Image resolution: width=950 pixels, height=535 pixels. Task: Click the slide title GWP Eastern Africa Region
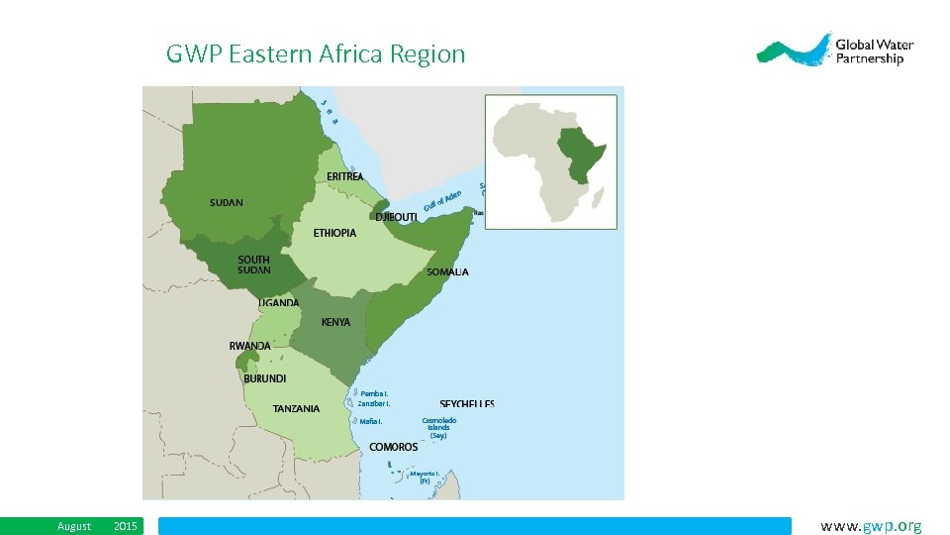316,53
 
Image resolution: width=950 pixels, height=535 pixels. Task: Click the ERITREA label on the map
345,176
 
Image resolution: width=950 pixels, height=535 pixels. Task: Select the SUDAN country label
226,203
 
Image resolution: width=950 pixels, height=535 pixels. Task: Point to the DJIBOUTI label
396,217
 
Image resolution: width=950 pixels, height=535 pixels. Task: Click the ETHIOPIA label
334,234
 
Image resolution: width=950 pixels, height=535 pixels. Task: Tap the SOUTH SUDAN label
253,265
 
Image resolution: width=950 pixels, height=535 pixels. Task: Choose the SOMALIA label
447,272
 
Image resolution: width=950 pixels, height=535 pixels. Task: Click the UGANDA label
278,303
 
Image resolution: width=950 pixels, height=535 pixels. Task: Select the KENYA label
335,322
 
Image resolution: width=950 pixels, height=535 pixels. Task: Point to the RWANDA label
249,346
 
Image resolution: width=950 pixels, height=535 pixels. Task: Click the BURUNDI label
265,378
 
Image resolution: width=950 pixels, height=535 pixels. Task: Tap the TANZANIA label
296,408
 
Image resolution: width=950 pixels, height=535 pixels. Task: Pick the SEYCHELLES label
467,404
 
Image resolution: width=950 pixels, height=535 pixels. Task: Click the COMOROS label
393,447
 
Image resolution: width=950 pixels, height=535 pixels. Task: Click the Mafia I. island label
370,421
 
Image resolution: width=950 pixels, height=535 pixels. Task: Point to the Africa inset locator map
550,161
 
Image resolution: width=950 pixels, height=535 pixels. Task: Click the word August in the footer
74,526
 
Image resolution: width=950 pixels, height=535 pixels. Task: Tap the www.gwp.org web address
871,526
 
